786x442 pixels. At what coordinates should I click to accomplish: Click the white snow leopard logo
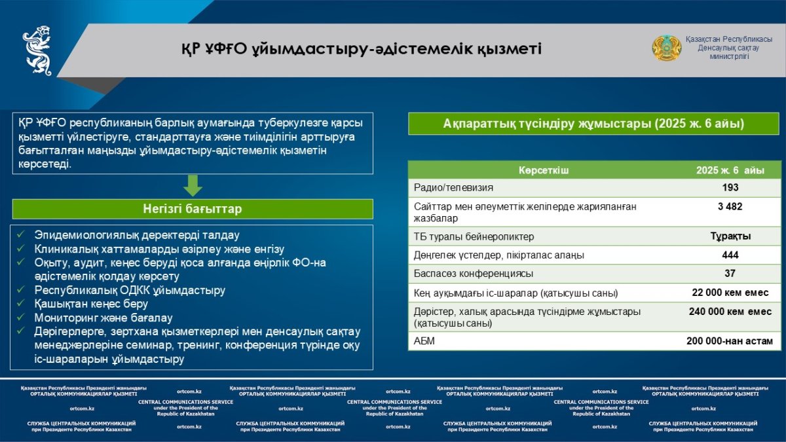37,50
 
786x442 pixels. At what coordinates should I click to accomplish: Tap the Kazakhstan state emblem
666,48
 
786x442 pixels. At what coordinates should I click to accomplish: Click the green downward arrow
193,185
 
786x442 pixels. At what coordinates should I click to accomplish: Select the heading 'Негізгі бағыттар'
193,210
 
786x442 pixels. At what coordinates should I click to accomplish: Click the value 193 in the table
730,188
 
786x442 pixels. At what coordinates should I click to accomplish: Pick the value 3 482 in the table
730,206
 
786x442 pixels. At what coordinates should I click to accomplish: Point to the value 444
730,255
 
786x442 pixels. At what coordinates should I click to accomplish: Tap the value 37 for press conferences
730,273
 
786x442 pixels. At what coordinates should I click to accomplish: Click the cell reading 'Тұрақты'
730,236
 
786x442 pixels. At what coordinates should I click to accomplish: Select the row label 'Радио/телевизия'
453,188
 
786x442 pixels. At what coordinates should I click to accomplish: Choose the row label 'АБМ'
424,341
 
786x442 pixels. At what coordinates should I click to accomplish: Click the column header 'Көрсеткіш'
544,170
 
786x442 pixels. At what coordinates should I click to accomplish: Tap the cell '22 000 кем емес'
730,292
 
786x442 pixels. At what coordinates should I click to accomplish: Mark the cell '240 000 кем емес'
730,312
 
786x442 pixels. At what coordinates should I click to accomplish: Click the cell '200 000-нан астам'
730,341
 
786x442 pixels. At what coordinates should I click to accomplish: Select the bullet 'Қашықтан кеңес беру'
91,304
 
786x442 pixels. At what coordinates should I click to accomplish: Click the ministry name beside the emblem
728,48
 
